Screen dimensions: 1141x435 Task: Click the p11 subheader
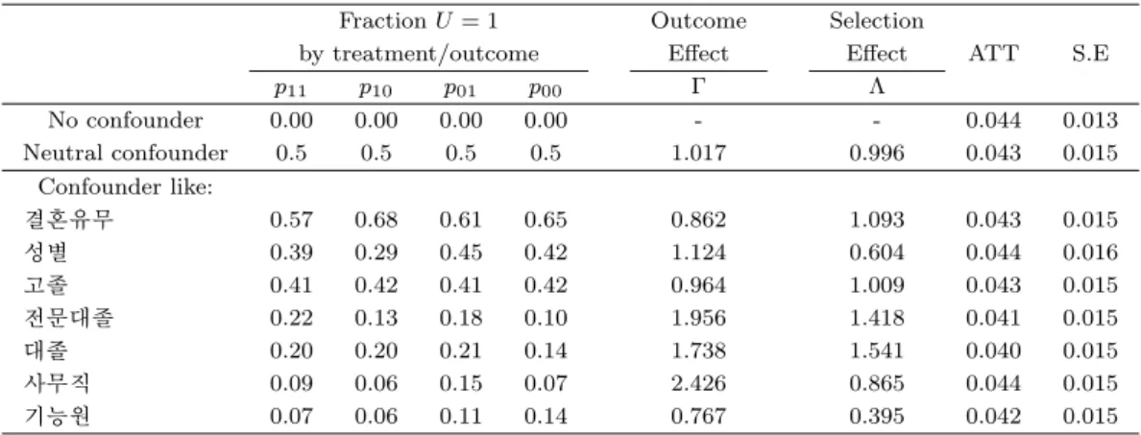291,89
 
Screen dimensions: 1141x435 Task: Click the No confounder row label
125,120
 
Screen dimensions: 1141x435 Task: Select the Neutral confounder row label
125,153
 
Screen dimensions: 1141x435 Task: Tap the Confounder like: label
125,187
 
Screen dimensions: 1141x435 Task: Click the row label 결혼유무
67,219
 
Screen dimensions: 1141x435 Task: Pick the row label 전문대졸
67,318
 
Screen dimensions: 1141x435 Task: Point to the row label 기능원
57,416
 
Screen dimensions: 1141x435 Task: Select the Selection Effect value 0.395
877,416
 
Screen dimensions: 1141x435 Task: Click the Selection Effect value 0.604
877,253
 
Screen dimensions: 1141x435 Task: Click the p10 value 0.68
376,220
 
